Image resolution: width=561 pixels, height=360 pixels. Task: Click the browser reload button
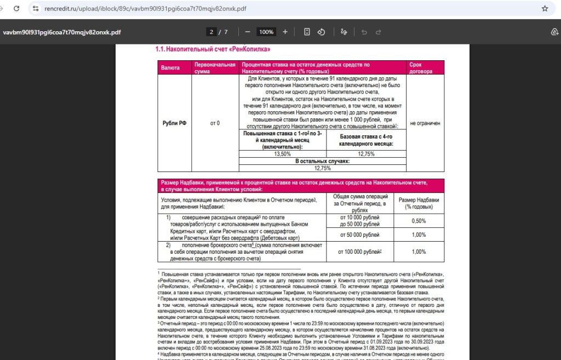16,9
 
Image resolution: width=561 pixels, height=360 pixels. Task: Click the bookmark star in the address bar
545,9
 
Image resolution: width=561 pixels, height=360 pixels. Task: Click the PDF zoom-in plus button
285,32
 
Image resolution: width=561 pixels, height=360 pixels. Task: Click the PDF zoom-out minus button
248,32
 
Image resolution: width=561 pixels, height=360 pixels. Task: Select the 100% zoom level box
266,32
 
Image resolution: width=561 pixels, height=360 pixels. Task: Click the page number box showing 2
211,32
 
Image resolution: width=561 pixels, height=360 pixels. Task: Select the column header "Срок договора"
419,68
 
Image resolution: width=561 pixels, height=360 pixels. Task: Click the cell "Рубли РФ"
174,123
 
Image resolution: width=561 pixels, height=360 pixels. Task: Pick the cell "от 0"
215,123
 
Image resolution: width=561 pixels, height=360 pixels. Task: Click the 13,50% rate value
282,154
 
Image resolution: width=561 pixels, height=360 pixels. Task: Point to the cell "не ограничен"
425,123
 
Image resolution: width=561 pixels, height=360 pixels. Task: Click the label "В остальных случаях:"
322,161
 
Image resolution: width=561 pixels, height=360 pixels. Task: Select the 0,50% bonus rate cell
419,221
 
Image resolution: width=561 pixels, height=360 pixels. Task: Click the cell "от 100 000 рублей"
359,252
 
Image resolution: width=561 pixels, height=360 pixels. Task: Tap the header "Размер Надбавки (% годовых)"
419,203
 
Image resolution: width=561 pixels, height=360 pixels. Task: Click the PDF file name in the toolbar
62,32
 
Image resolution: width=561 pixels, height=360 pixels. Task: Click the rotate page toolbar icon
322,32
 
